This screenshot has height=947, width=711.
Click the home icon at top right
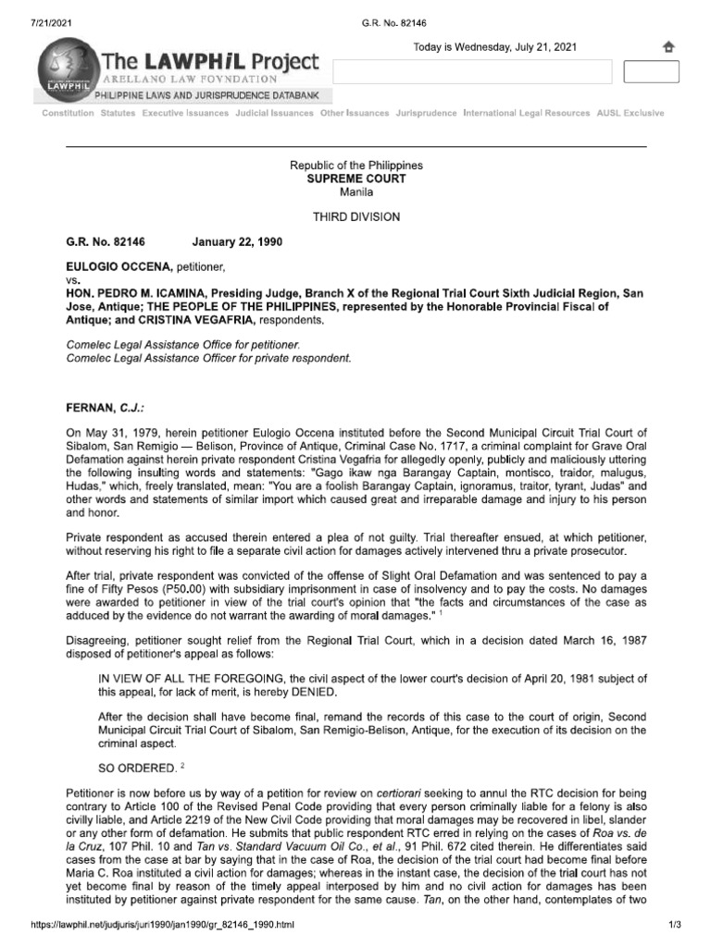[x=668, y=47]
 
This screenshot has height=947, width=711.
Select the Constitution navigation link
[x=68, y=113]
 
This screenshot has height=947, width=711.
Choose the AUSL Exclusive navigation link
[x=630, y=113]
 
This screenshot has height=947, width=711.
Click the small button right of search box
[x=652, y=72]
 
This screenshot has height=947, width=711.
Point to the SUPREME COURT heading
[x=356, y=178]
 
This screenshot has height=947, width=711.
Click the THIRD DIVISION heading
[x=356, y=216]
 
